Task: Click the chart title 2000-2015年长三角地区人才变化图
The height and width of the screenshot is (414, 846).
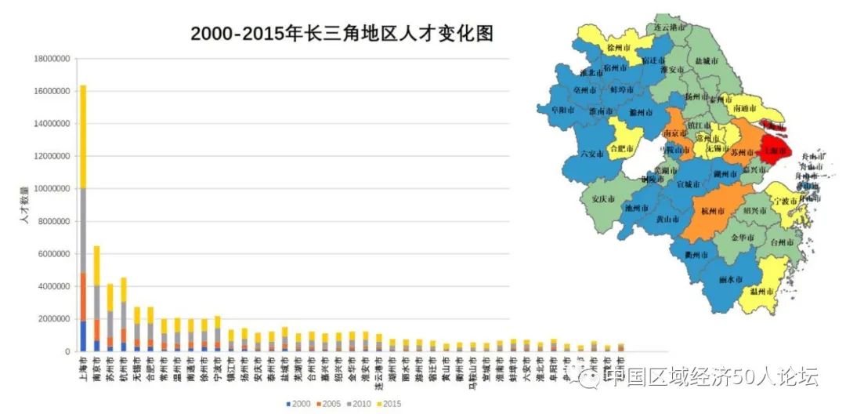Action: pos(342,34)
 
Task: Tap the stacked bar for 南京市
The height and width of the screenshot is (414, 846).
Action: pos(96,299)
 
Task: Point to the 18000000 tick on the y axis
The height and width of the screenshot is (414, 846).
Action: pos(51,59)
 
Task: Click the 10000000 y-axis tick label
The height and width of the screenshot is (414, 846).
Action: pos(51,189)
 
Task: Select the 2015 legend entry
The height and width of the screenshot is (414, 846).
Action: pos(389,404)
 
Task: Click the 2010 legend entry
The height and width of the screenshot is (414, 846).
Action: pos(359,404)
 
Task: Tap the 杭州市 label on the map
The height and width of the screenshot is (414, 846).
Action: pos(714,211)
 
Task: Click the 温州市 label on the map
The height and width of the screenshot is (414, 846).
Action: pos(762,292)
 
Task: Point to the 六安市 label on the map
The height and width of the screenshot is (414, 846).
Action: pos(592,154)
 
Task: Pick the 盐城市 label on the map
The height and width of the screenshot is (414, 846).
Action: pos(707,60)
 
